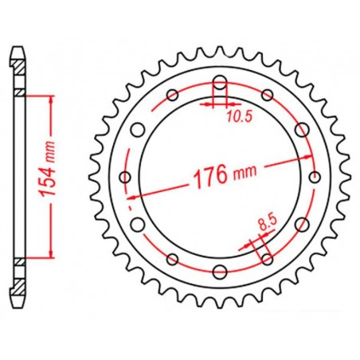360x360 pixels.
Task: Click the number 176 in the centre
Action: pos(205,173)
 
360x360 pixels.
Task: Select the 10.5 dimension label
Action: pos(233,117)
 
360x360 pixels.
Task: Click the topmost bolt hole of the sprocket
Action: pos(220,82)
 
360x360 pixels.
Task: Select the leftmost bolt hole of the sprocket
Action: pos(125,177)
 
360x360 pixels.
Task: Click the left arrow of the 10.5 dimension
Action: pos(209,104)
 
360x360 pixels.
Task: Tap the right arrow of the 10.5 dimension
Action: pos(230,104)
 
